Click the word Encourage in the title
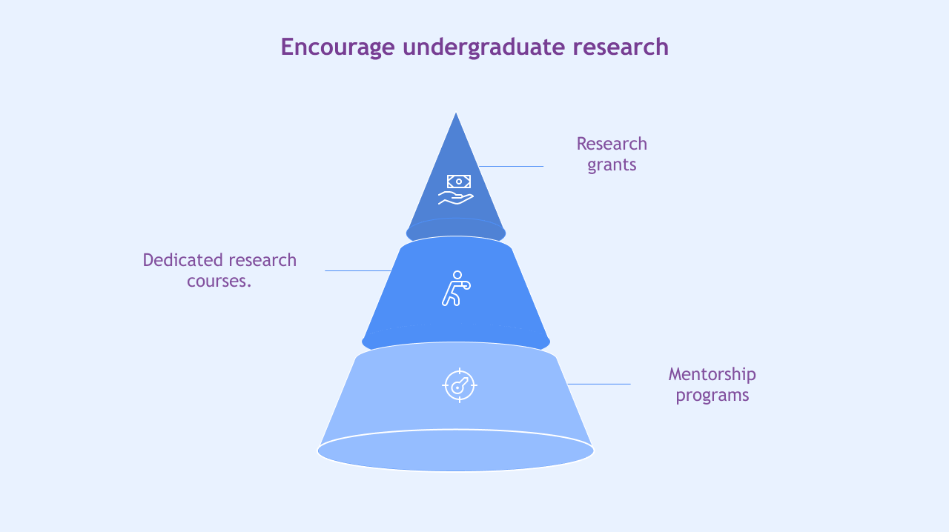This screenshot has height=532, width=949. click(337, 47)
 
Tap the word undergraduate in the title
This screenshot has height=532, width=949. click(483, 47)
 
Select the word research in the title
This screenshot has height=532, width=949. click(621, 47)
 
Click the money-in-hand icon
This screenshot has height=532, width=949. click(456, 190)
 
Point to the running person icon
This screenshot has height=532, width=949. click(456, 288)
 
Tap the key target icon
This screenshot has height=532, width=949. click(460, 385)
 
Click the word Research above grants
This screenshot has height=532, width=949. click(612, 144)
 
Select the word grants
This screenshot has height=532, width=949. click(612, 164)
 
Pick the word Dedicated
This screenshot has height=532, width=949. click(183, 260)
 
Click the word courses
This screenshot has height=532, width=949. click(219, 282)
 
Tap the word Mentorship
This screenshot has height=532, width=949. click(712, 374)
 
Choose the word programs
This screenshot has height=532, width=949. click(712, 396)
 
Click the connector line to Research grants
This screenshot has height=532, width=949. click(511, 167)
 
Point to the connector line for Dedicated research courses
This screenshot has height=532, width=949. click(358, 270)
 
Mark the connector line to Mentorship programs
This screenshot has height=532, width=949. click(599, 384)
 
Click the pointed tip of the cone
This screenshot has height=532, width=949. click(456, 113)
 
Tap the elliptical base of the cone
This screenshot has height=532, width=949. click(456, 450)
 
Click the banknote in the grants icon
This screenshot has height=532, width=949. click(459, 182)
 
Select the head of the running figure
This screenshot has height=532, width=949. click(457, 275)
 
